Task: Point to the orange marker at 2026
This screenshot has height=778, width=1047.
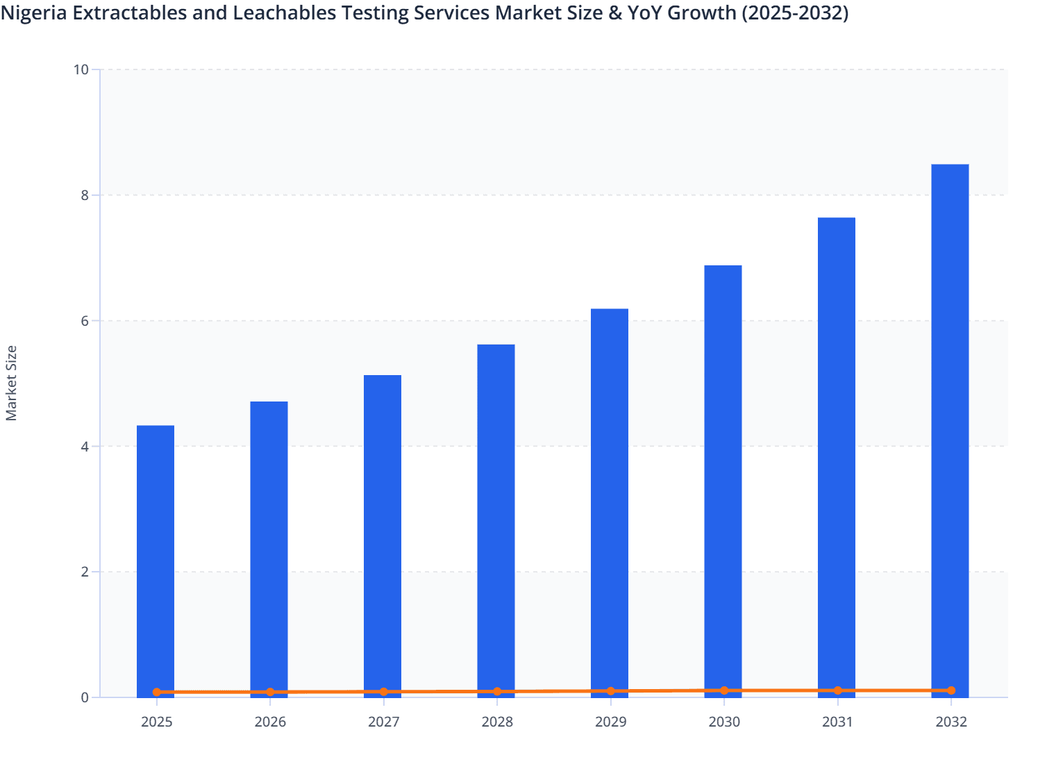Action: pos(270,692)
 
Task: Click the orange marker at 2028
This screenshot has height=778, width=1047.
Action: pos(497,691)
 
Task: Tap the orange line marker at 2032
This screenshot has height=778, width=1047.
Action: pos(951,690)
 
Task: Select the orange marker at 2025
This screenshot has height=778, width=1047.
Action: pos(157,692)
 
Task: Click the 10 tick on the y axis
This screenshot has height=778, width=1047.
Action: pos(81,69)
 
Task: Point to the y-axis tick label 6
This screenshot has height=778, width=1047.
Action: pos(85,321)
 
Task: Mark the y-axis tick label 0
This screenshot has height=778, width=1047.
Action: pos(85,697)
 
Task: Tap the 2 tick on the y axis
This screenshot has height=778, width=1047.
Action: pos(85,572)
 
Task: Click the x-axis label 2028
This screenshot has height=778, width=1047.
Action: pos(497,722)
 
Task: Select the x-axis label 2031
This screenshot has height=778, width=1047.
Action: pos(837,722)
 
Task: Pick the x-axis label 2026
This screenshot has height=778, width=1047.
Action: pos(270,722)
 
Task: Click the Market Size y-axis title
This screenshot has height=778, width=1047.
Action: pos(11,383)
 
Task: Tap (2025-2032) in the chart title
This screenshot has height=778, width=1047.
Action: pos(794,13)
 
